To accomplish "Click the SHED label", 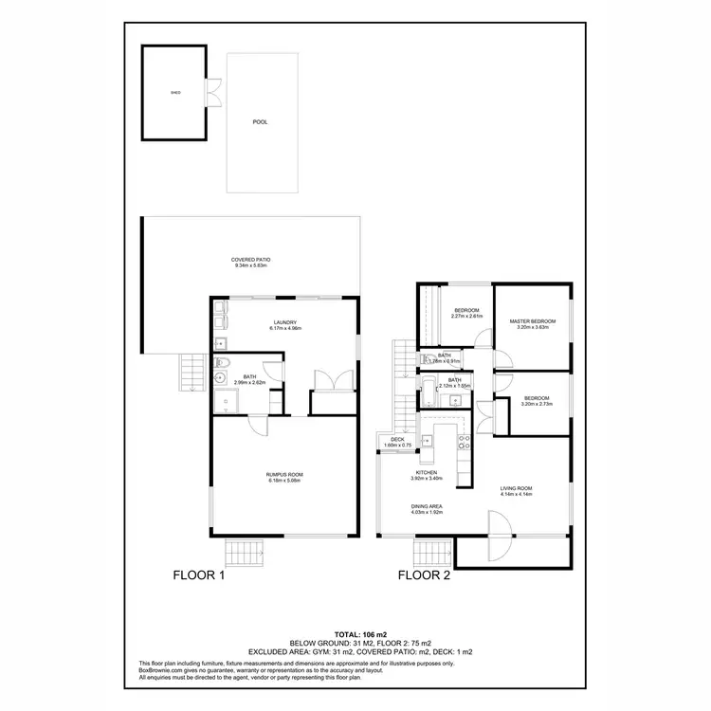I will click(x=174, y=94).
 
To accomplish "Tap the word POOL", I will click(x=259, y=122).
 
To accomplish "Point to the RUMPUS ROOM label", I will click(x=283, y=476).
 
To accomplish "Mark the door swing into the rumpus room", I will click(x=257, y=428).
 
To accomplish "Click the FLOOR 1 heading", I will click(x=197, y=575).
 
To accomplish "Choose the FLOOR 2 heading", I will click(x=424, y=575).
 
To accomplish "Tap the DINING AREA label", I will click(x=428, y=509).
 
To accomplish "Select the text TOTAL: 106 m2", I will click(x=355, y=633).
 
